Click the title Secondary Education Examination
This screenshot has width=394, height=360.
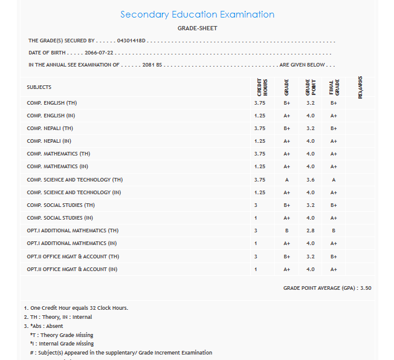tap(197, 15)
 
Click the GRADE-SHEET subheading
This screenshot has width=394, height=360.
tap(197, 28)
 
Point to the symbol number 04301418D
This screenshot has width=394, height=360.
tap(128, 41)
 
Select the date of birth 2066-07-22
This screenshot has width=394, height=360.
tap(100, 53)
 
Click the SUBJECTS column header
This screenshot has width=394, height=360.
tap(39, 87)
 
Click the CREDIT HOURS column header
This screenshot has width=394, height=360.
tap(262, 87)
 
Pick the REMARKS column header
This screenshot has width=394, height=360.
tap(360, 87)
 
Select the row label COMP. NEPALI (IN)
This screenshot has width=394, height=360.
tap(49, 141)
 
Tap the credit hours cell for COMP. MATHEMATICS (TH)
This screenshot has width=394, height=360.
tap(260, 154)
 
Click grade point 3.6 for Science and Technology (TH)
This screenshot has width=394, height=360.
tap(311, 180)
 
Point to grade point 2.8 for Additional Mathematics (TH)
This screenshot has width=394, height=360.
tap(311, 231)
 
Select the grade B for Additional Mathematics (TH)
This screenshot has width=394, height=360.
tap(286, 231)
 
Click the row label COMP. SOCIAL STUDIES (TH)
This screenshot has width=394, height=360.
tap(60, 205)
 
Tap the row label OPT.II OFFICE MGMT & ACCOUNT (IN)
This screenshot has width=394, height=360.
tap(72, 269)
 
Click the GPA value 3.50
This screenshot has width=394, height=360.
tap(366, 288)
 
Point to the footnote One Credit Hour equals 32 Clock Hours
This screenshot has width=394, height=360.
tap(76, 308)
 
